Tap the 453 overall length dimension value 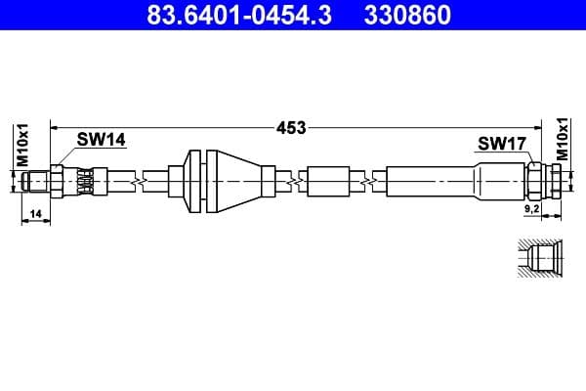tap(291, 127)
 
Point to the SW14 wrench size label tap(102, 140)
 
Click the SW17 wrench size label tap(502, 145)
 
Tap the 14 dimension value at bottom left tap(34, 212)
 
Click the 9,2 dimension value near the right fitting tap(531, 209)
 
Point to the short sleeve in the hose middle tap(327, 181)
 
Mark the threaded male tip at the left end tap(37, 181)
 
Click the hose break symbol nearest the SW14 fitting tap(144, 181)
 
